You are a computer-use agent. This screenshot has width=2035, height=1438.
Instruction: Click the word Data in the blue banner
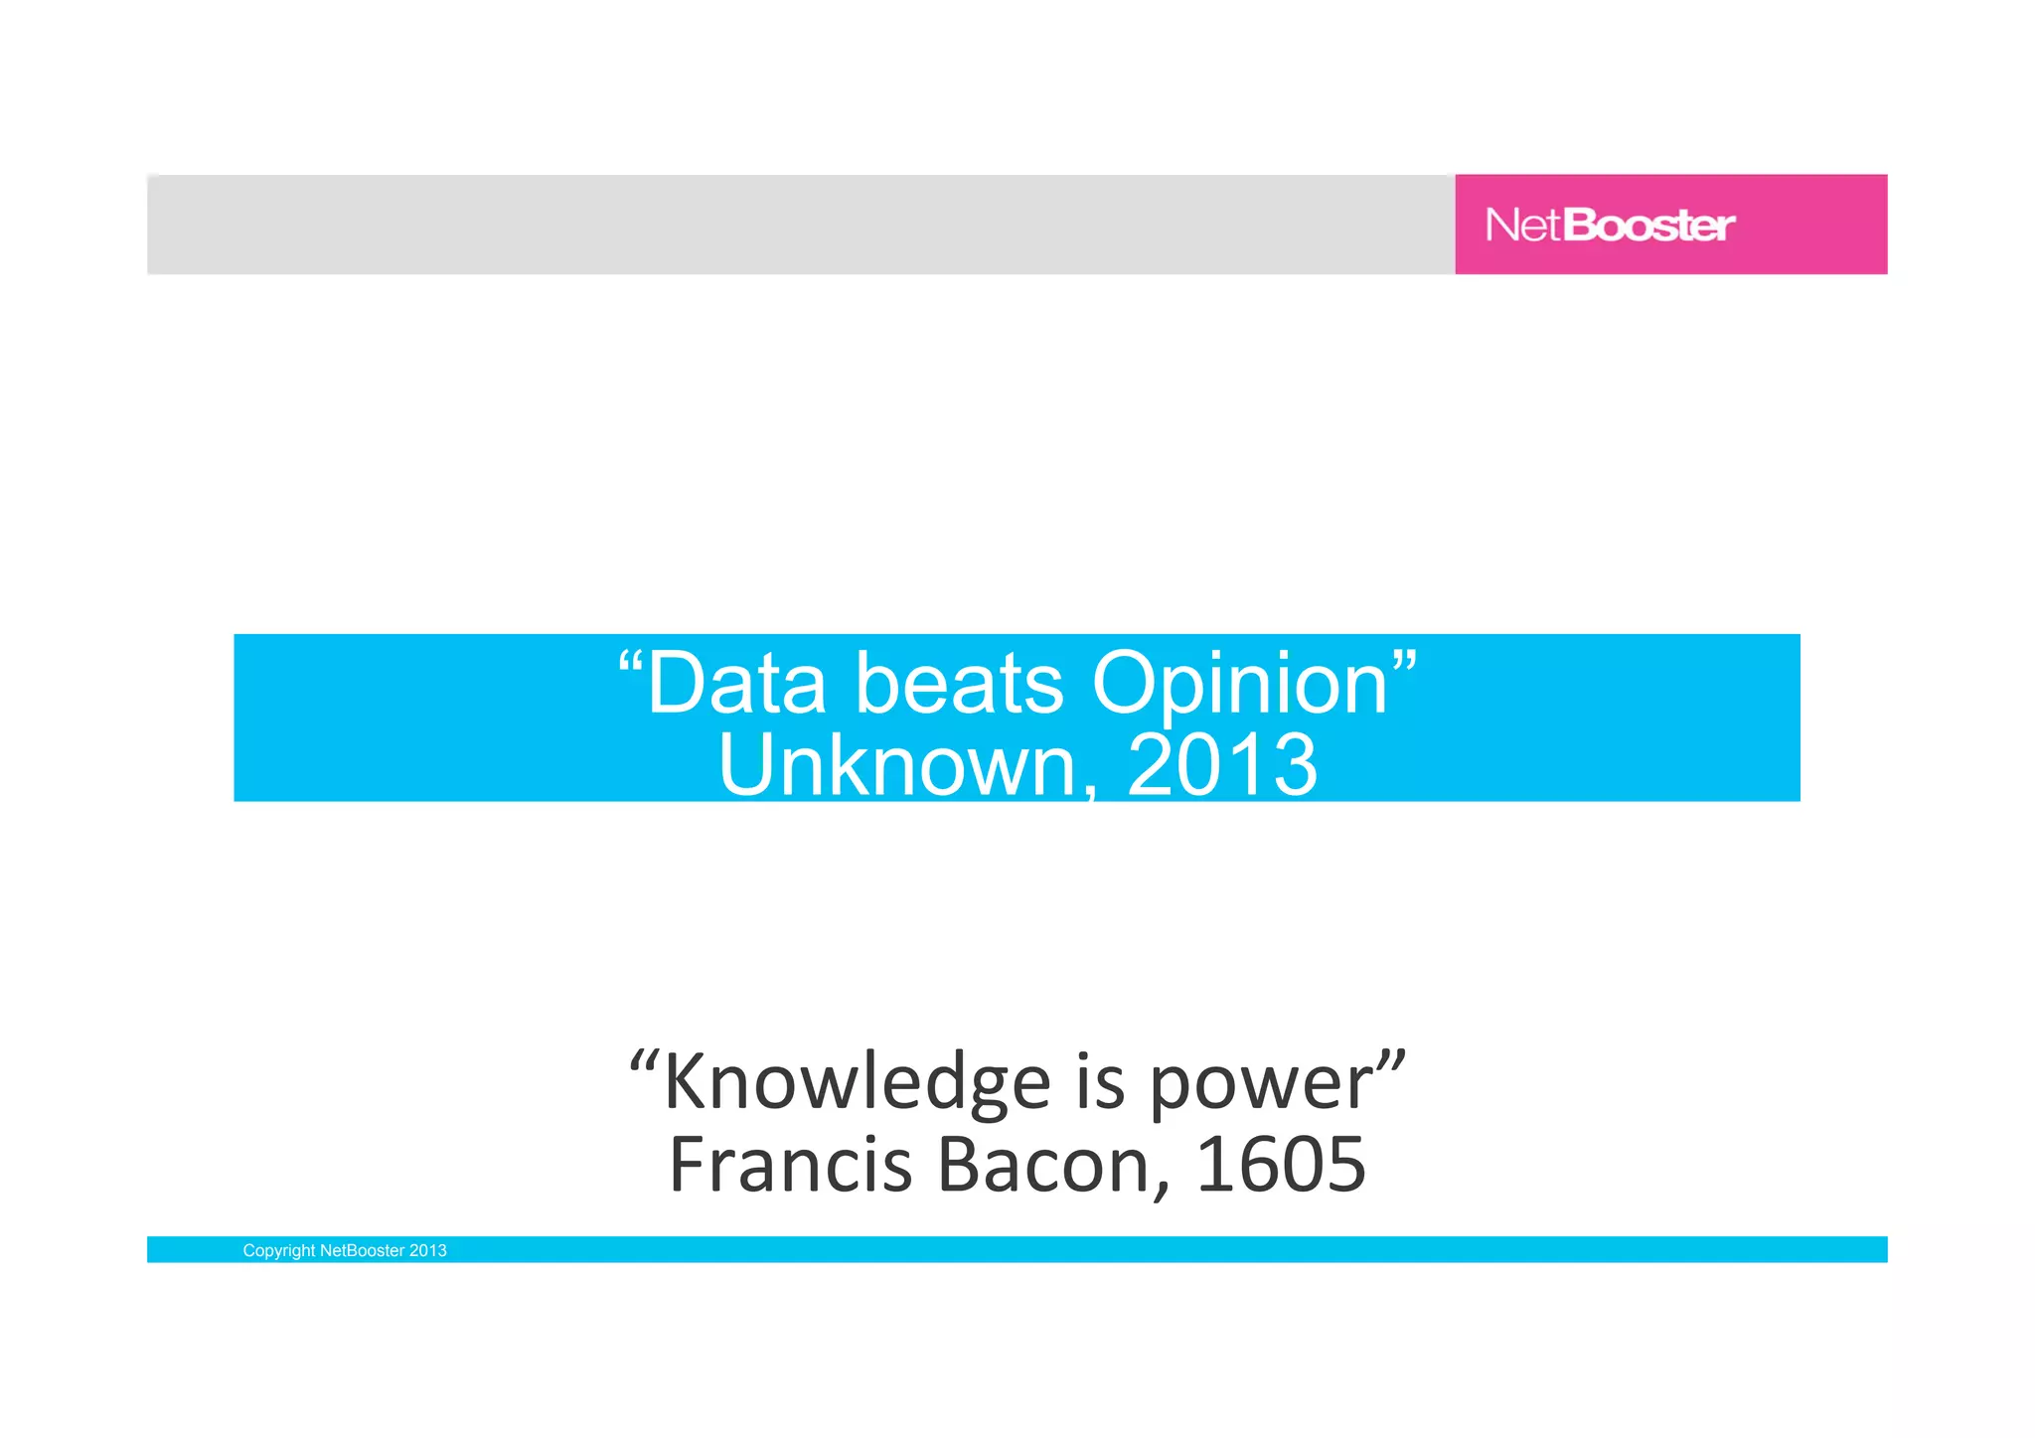(x=735, y=684)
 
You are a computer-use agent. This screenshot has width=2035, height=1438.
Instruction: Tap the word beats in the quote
(x=959, y=684)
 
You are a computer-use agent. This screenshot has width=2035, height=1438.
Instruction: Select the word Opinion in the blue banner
(x=1239, y=686)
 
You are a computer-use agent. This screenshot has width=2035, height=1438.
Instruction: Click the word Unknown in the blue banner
(x=897, y=765)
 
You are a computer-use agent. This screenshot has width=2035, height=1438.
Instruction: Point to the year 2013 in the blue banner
(x=1222, y=765)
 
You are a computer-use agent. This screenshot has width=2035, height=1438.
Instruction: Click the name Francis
(x=791, y=1165)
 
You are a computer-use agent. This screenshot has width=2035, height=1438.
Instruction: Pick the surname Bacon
(x=1043, y=1165)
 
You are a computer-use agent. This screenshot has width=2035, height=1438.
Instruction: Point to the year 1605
(x=1281, y=1165)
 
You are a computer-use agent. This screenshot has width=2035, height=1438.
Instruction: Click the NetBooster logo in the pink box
(x=1610, y=226)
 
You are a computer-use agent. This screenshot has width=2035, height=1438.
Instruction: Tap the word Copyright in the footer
(x=278, y=1251)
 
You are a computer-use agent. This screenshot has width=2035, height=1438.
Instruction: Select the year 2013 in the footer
(x=428, y=1251)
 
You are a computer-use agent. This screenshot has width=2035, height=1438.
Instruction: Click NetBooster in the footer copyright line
(x=362, y=1251)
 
